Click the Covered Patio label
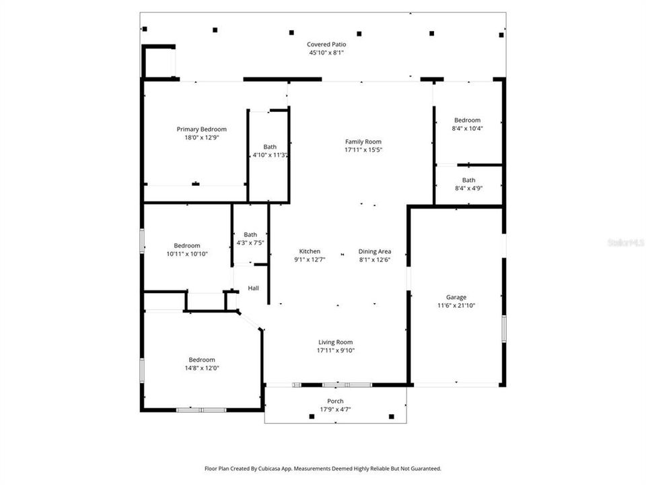click(327, 44)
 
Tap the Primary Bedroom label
click(201, 129)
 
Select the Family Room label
click(363, 141)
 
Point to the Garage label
click(456, 297)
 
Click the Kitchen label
click(310, 251)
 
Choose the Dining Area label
click(374, 251)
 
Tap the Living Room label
click(335, 342)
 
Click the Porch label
click(335, 401)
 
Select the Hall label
click(253, 288)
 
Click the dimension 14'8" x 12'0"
click(201, 368)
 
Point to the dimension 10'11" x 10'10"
click(186, 254)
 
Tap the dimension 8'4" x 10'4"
click(466, 128)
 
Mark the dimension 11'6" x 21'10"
click(456, 305)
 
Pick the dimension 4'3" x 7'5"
click(250, 243)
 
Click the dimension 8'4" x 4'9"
click(468, 188)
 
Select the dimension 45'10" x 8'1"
click(327, 52)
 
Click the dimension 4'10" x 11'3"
click(270, 155)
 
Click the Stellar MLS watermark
click(625, 241)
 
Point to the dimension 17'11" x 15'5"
click(363, 150)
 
